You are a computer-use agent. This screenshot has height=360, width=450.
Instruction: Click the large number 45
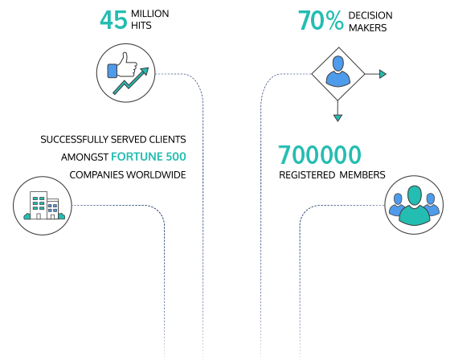click(x=113, y=20)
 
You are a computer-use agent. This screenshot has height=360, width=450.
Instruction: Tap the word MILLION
click(x=150, y=14)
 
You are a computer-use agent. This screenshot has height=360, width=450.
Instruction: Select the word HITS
click(x=141, y=26)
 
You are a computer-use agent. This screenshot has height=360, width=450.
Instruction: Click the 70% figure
click(x=321, y=20)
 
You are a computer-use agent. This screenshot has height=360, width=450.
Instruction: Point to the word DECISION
click(x=370, y=15)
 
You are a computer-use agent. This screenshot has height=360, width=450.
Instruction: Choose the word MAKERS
click(x=368, y=28)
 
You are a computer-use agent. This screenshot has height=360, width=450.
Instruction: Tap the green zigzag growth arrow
click(x=131, y=81)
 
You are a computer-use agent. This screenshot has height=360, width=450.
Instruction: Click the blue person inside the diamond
click(x=338, y=71)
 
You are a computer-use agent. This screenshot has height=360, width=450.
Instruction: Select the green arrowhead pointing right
click(x=382, y=74)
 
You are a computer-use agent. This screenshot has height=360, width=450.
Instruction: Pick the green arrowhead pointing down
click(x=337, y=118)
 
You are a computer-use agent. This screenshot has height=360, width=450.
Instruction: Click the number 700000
click(x=320, y=155)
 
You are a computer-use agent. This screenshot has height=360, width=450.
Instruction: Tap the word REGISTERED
click(x=307, y=175)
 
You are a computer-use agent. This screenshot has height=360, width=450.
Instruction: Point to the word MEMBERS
click(x=362, y=175)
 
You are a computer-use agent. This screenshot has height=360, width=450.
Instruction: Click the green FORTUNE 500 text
click(x=149, y=157)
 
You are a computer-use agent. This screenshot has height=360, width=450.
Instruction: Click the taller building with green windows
click(x=39, y=205)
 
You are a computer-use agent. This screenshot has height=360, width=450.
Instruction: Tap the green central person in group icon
click(x=414, y=205)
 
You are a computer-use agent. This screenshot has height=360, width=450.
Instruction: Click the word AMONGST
click(x=84, y=157)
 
